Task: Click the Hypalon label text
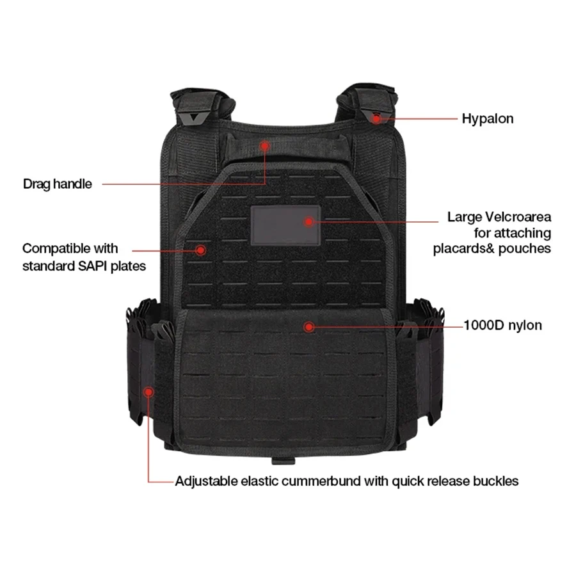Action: point(488,118)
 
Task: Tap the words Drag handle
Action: point(58,184)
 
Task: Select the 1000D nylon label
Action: point(502,325)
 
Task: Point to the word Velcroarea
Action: point(518,217)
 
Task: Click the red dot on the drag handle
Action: point(265,146)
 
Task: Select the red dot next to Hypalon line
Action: point(376,118)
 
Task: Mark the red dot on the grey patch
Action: point(309,221)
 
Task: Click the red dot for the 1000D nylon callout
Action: point(309,326)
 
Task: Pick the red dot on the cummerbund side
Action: point(148,392)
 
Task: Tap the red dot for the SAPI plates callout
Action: point(200,250)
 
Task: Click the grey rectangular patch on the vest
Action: point(285,225)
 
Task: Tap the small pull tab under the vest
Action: point(284,461)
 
